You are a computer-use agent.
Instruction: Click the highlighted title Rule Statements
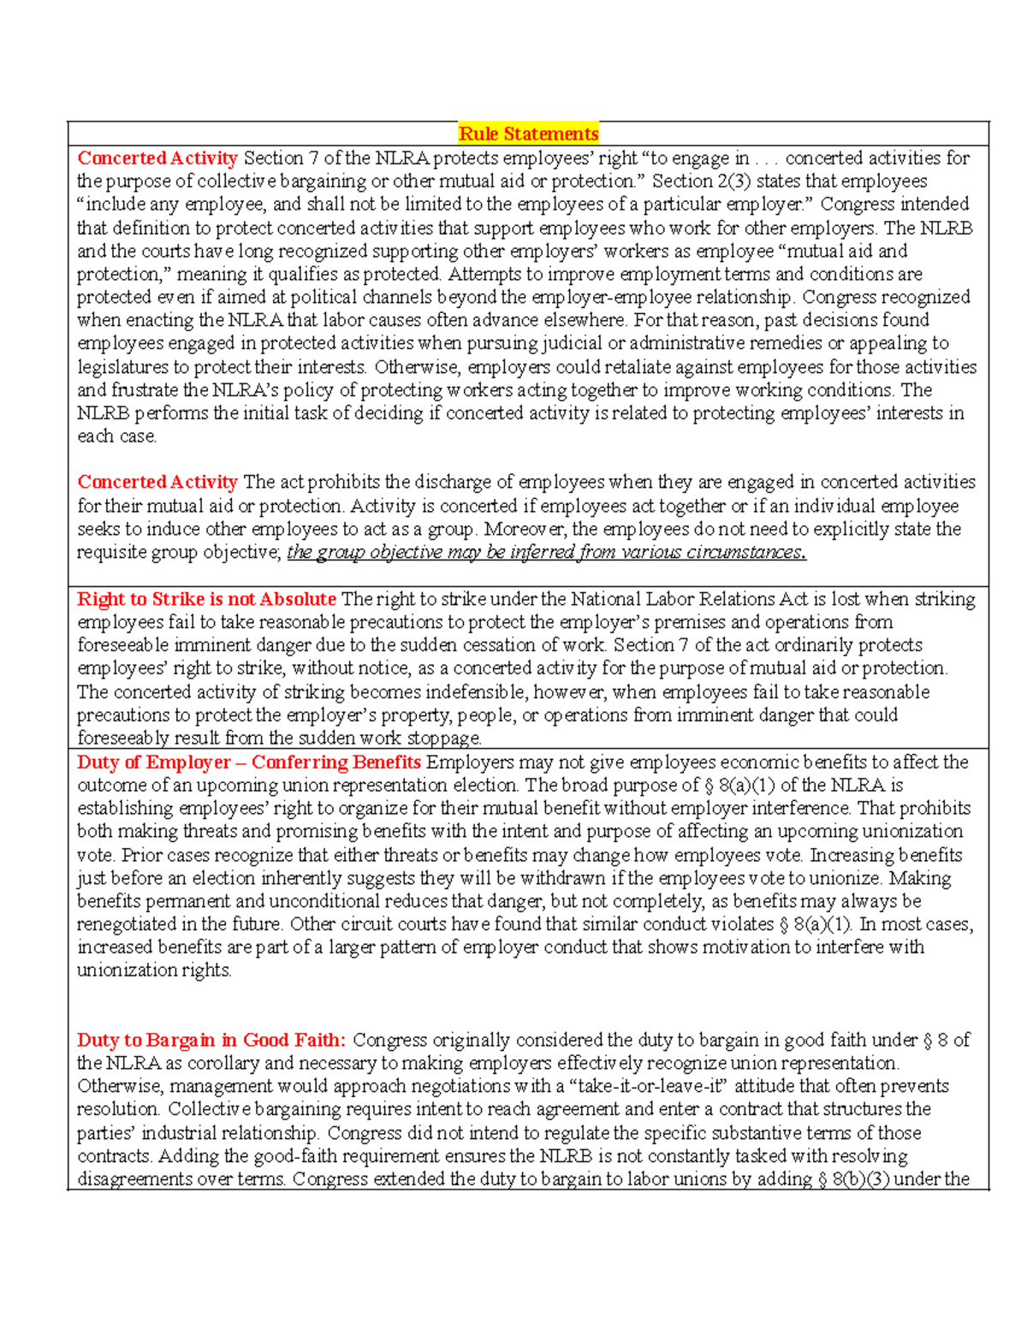pyautogui.click(x=528, y=133)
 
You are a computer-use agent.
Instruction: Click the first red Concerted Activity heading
pyautogui.click(x=157, y=158)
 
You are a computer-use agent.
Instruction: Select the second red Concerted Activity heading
pyautogui.click(x=157, y=482)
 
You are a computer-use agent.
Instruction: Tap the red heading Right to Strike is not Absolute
pyautogui.click(x=206, y=599)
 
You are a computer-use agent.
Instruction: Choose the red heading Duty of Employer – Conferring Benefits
pyautogui.click(x=248, y=762)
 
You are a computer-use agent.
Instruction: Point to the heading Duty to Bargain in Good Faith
pyautogui.click(x=211, y=1040)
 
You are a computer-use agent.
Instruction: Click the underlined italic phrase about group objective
pyautogui.click(x=546, y=552)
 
